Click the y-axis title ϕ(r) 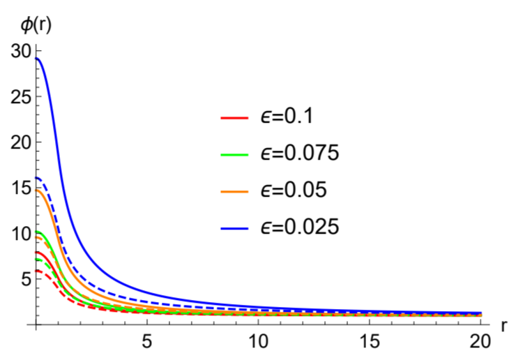(x=36, y=26)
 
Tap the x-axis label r (x=504, y=326)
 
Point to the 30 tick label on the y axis (x=20, y=52)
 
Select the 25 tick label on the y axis (x=20, y=97)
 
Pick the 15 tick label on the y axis (x=20, y=188)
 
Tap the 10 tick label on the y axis (x=20, y=234)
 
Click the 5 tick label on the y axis (x=26, y=279)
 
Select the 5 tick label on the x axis (x=147, y=342)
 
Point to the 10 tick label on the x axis (x=258, y=342)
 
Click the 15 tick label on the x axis (x=370, y=342)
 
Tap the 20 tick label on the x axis (x=480, y=342)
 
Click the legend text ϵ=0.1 (x=287, y=117)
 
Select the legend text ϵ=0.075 (x=300, y=153)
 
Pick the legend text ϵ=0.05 (x=294, y=190)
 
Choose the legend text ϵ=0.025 (x=300, y=227)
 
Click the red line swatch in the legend (x=234, y=118)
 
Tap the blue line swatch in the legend (x=234, y=228)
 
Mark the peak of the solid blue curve (x=36, y=59)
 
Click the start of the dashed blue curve (x=36, y=178)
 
